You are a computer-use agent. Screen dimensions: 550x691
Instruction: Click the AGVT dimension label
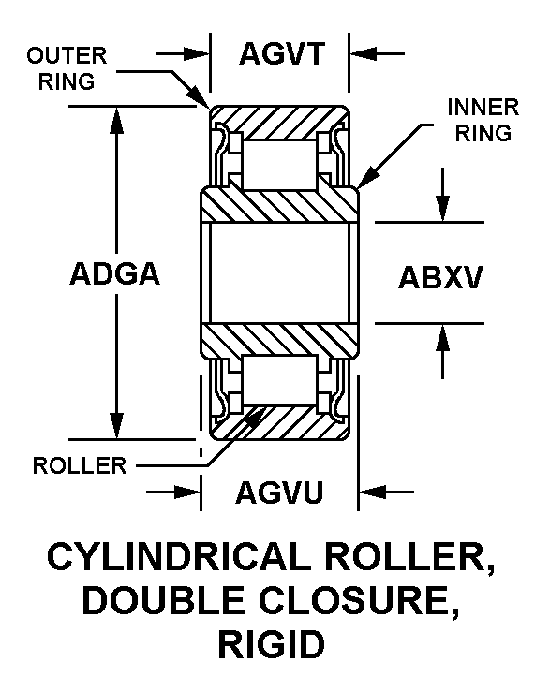[x=282, y=53]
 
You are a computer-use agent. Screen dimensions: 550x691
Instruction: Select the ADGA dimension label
[x=114, y=273]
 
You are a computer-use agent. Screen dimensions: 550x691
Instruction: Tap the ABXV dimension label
[x=440, y=278]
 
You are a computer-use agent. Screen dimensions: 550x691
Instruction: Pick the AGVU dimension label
[x=279, y=493]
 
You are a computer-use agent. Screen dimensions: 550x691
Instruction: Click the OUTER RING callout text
[x=67, y=68]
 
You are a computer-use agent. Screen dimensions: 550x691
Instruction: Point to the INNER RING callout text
[x=483, y=120]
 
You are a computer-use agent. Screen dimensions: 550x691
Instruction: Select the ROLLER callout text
[x=80, y=465]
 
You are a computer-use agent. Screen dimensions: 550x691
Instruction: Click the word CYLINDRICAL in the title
[x=179, y=557]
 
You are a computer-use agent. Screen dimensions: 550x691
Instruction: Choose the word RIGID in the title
[x=271, y=644]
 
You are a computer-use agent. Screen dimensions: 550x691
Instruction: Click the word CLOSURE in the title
[x=359, y=601]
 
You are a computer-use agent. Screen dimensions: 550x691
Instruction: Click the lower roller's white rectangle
[x=279, y=380]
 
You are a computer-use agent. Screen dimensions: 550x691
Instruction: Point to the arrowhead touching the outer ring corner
[x=200, y=96]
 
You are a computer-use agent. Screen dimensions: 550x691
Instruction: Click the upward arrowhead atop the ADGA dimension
[x=117, y=120]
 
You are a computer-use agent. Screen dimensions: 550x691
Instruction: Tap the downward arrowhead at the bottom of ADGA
[x=117, y=426]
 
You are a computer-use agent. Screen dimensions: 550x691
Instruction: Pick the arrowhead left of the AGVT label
[x=196, y=54]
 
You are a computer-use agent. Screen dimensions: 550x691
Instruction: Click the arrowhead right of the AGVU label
[x=372, y=492]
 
